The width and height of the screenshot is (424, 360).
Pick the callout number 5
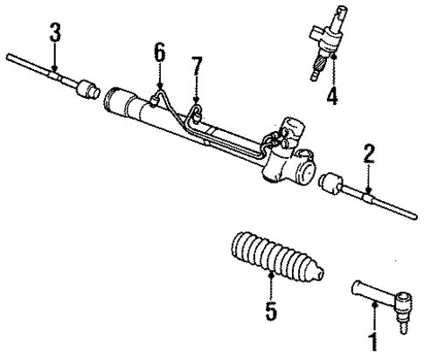click(x=271, y=310)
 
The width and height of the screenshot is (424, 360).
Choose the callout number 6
click(x=159, y=52)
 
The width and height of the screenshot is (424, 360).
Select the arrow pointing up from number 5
click(x=271, y=284)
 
